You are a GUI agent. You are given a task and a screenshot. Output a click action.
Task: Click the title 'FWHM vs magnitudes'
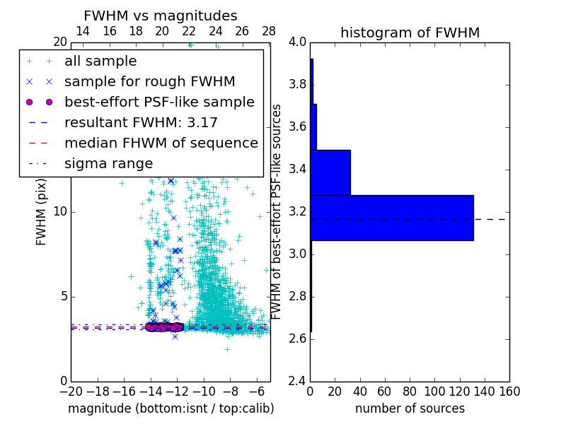161,16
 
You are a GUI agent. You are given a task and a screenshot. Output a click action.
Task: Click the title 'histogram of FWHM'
410,33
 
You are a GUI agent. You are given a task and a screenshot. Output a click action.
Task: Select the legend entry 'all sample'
100,61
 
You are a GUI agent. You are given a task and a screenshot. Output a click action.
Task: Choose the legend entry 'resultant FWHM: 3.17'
141,122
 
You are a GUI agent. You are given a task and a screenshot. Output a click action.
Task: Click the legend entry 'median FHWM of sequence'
161,143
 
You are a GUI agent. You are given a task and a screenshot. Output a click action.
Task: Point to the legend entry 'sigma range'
108,163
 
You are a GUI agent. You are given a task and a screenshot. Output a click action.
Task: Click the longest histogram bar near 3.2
391,218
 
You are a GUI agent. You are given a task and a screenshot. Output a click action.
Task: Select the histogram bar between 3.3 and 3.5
330,172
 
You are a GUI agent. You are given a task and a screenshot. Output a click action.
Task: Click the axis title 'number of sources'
410,408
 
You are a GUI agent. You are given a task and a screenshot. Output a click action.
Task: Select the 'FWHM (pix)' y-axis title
42,211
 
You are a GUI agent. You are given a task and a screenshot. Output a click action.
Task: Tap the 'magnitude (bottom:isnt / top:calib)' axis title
171,408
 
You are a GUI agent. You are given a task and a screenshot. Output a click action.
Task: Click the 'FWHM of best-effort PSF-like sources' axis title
277,211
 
